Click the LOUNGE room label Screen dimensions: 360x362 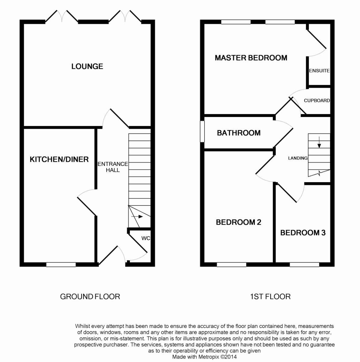(x=87, y=66)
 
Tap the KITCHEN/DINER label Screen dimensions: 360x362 (x=59, y=159)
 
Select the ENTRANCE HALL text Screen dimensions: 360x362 (x=113, y=167)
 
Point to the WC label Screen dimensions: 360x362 (x=146, y=238)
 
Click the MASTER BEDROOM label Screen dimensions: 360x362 (x=251, y=58)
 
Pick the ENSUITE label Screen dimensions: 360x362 (x=319, y=71)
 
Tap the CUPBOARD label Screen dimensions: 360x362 (x=317, y=100)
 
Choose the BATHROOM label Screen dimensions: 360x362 (x=239, y=133)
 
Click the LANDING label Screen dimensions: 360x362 (x=298, y=158)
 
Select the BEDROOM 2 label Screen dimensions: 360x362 (x=239, y=222)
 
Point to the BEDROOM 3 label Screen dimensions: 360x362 (x=303, y=233)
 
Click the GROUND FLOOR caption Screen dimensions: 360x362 (x=90, y=297)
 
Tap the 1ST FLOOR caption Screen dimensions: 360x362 (x=270, y=297)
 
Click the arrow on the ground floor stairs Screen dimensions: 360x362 (x=137, y=217)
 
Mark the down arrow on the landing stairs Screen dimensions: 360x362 (x=319, y=145)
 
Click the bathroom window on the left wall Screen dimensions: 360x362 (x=202, y=131)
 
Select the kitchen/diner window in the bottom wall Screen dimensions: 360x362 (x=61, y=265)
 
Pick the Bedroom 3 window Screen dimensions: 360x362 (x=305, y=265)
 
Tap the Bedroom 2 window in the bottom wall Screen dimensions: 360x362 (x=231, y=265)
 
